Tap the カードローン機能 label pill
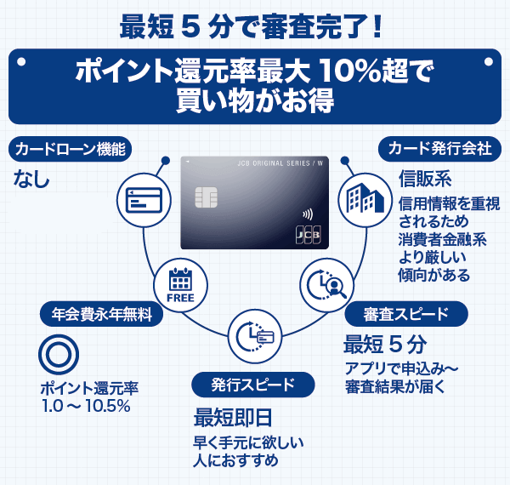(71, 149)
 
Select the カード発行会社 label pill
(439, 148)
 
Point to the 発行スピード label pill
(246, 385)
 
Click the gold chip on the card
(204, 198)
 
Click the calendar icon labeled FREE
(181, 285)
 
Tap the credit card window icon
(143, 201)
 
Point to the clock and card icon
(255, 335)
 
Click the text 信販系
(424, 180)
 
